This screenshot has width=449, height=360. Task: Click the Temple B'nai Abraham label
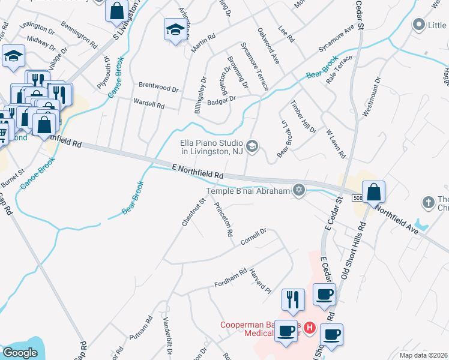point(248,191)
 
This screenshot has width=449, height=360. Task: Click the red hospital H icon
point(310,328)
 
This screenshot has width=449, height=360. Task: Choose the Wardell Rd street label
point(149,103)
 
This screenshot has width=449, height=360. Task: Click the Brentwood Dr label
point(158,88)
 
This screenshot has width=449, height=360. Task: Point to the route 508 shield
point(358,197)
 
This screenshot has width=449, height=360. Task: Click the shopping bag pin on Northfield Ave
point(373,192)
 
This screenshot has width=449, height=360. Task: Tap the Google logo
point(20,353)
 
